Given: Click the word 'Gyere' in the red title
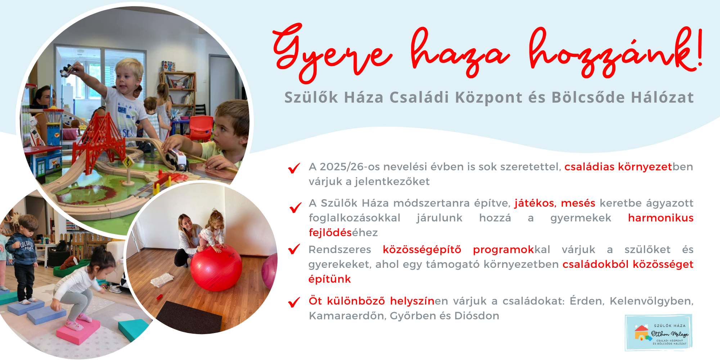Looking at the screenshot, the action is click(x=333, y=52).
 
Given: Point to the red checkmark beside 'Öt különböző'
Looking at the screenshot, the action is click(x=294, y=302).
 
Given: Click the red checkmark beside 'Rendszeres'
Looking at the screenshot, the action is click(x=294, y=249).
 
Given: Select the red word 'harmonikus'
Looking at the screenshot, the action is click(x=661, y=218).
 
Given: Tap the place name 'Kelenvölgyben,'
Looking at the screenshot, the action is click(x=651, y=301).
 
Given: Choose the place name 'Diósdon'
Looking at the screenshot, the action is click(x=477, y=316).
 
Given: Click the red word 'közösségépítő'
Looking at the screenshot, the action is click(x=422, y=249).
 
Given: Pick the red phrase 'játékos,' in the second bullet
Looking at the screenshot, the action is click(x=535, y=203).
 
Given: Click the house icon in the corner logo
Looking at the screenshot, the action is click(x=642, y=333).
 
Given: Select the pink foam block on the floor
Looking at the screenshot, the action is click(x=78, y=330).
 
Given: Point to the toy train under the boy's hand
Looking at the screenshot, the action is click(x=178, y=159).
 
